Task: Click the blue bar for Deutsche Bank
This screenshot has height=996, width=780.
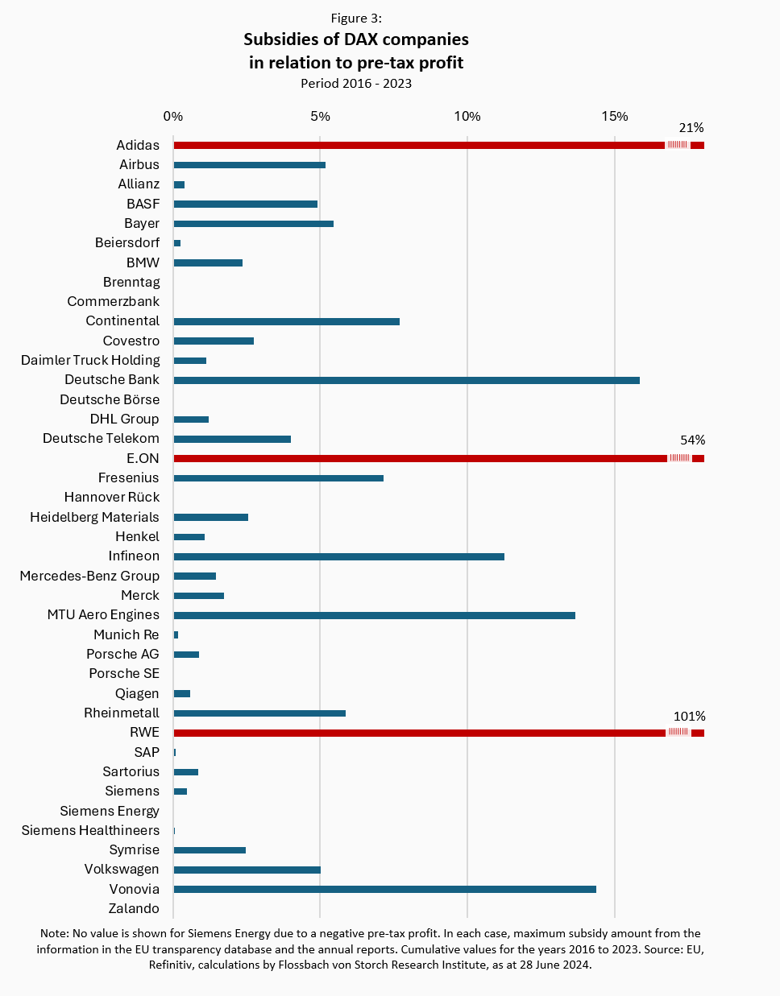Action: pyautogui.click(x=406, y=380)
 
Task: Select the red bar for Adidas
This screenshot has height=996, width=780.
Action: pyautogui.click(x=419, y=146)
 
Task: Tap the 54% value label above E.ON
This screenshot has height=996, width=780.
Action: pyautogui.click(x=692, y=440)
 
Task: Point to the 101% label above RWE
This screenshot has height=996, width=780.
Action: pyautogui.click(x=689, y=717)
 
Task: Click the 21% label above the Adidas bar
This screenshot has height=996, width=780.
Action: pyautogui.click(x=691, y=128)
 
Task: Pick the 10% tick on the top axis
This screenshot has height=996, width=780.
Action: pyautogui.click(x=467, y=117)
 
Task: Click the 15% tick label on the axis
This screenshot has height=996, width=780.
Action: pyautogui.click(x=614, y=117)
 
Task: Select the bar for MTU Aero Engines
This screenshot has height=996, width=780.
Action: pyautogui.click(x=374, y=615)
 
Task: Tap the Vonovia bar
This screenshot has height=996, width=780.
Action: pyautogui.click(x=384, y=890)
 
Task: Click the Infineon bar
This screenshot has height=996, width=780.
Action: pyautogui.click(x=338, y=556)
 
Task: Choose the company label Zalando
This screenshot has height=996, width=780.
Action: pyautogui.click(x=134, y=909)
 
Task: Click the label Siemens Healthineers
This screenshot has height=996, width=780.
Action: pyautogui.click(x=90, y=831)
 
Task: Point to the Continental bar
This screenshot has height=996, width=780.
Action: pyautogui.click(x=286, y=322)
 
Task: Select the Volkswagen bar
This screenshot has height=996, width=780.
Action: pyautogui.click(x=247, y=870)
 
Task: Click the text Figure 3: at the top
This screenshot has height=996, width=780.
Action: pyautogui.click(x=356, y=18)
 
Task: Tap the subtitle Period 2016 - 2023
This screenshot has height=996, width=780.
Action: pyautogui.click(x=356, y=84)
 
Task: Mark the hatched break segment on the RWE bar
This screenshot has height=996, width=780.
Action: pyautogui.click(x=678, y=733)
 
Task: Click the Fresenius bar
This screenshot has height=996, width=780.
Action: pyautogui.click(x=278, y=478)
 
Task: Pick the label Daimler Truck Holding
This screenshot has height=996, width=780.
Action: pyautogui.click(x=90, y=361)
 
